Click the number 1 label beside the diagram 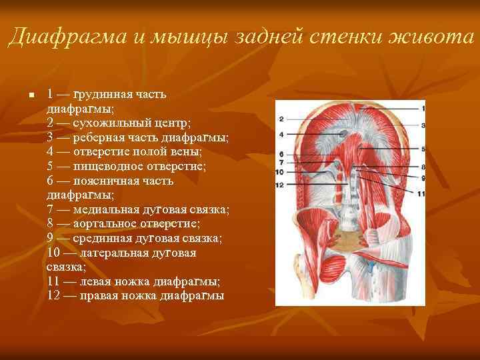click(423, 108)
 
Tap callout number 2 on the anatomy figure click(281, 119)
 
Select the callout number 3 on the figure click(423, 125)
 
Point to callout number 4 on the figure click(281, 134)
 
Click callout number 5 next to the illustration click(423, 149)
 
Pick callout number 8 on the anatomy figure click(423, 166)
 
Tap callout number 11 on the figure click(421, 193)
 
